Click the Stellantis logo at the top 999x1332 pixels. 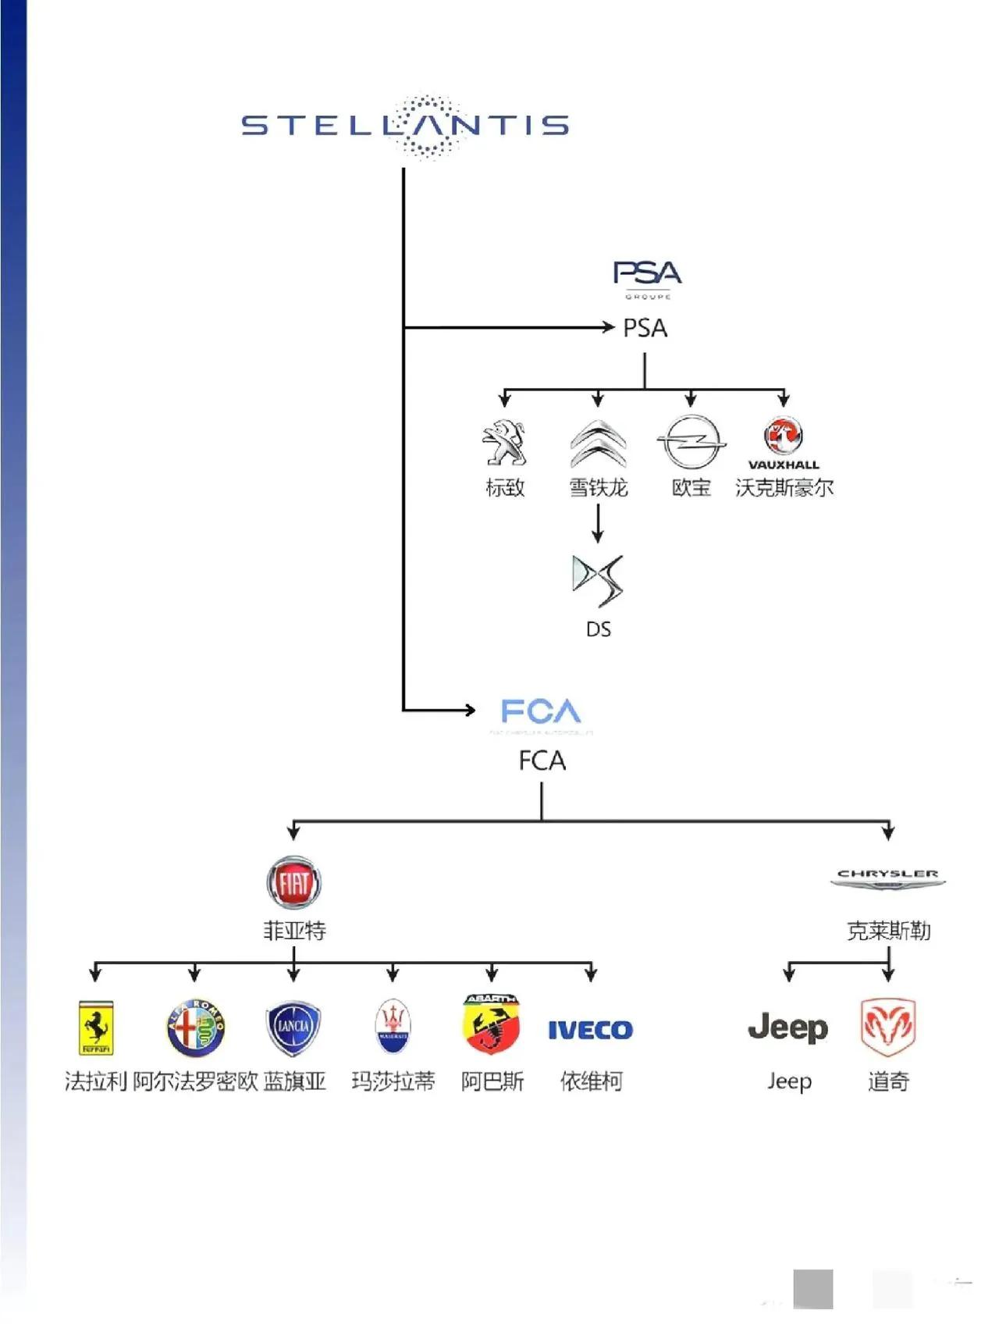tap(405, 126)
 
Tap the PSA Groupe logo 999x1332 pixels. tap(647, 278)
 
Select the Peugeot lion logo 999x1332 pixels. tap(505, 443)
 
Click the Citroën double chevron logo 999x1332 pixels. tap(598, 443)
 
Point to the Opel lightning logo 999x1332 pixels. tap(691, 442)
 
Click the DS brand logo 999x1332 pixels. tap(598, 580)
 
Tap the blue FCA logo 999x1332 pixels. tap(541, 712)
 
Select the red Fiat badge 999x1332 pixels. tap(293, 883)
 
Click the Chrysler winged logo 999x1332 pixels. tap(888, 878)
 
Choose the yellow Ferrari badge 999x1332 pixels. tap(95, 1027)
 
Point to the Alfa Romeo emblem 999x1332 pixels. tap(195, 1027)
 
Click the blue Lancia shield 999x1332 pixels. tap(293, 1027)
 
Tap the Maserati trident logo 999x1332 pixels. tap(393, 1027)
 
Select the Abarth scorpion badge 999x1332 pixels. tap(492, 1024)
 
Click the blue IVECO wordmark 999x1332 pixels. tap(590, 1030)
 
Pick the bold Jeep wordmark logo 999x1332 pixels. tap(788, 1028)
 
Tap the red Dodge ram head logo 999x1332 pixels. tap(888, 1027)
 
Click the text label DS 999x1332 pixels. tap(598, 629)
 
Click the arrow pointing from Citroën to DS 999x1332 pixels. tap(598, 523)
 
